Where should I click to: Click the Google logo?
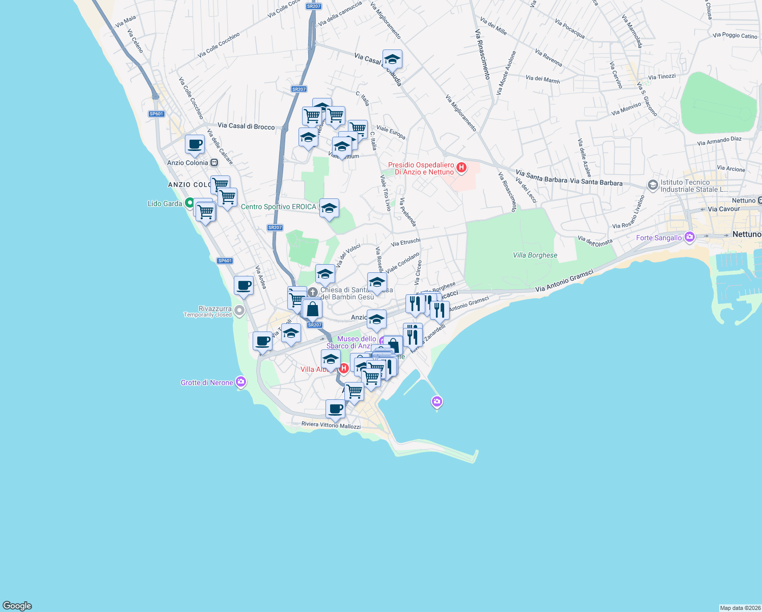click(17, 606)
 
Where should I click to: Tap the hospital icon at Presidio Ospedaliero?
click(461, 167)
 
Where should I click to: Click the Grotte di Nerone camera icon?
click(241, 381)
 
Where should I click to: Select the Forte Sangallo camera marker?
click(690, 237)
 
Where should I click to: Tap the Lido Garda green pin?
click(189, 203)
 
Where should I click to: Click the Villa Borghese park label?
click(535, 255)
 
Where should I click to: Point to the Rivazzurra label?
click(214, 309)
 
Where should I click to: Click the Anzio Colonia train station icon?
click(214, 163)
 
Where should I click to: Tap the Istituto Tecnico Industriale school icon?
click(652, 185)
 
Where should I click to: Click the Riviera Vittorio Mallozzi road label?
click(331, 425)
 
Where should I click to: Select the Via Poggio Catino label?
click(734, 36)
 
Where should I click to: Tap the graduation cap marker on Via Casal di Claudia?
click(392, 59)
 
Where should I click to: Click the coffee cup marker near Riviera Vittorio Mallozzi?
click(335, 409)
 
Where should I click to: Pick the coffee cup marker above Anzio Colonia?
click(195, 144)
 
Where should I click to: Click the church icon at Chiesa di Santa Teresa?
click(313, 292)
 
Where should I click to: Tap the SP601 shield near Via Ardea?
click(225, 261)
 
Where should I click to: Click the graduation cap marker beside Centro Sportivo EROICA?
click(329, 208)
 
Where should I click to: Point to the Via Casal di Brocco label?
click(246, 126)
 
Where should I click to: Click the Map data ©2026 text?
click(740, 608)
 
